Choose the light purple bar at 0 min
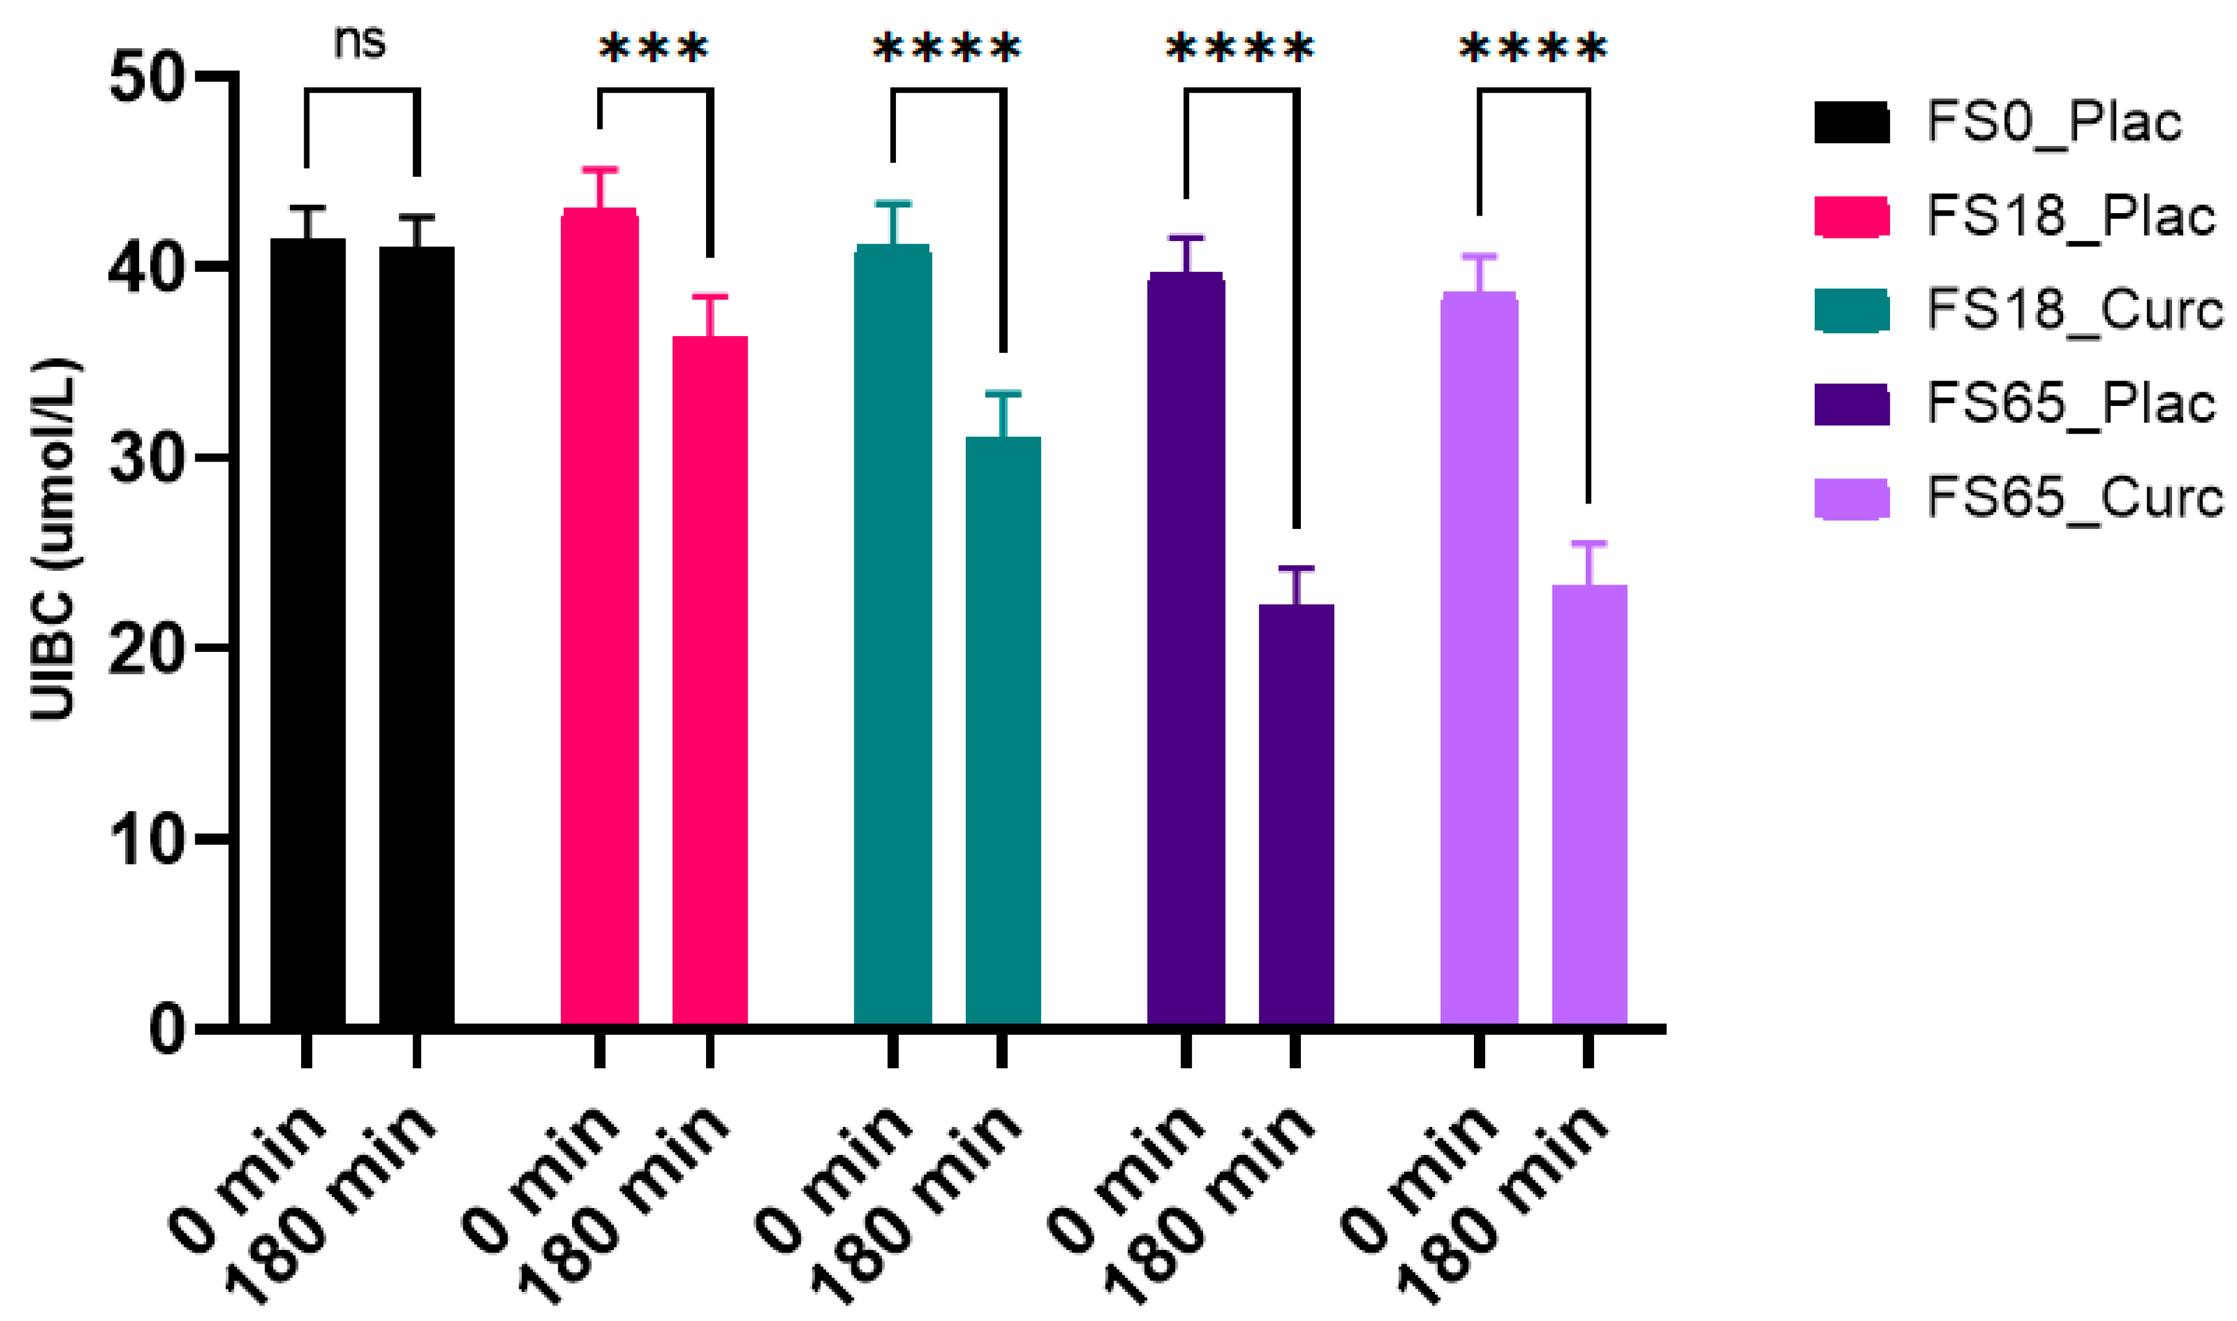point(1479,659)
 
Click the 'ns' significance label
point(360,42)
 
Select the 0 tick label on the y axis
point(168,1030)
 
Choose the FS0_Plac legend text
point(2053,122)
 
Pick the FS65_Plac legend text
point(2071,403)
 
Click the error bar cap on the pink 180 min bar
point(710,297)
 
